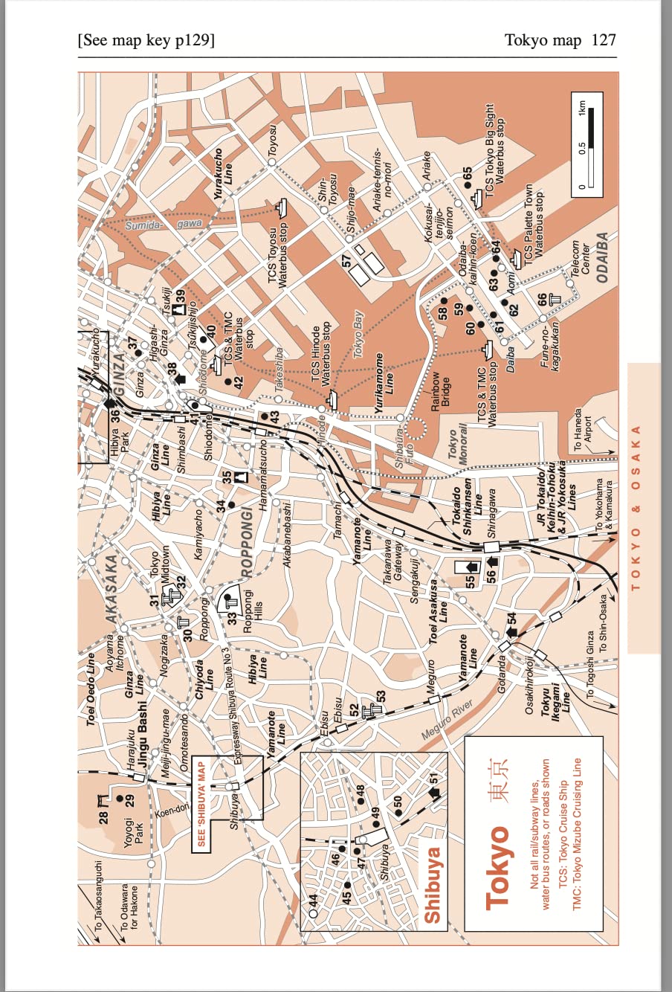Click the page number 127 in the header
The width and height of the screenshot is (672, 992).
point(604,40)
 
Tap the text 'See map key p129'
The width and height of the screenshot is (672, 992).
point(146,40)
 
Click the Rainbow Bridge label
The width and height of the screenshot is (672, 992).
point(440,390)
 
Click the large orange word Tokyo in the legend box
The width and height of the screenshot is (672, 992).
point(497,867)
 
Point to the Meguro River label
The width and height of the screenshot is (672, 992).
point(448,719)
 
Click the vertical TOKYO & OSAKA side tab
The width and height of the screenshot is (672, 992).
point(636,508)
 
